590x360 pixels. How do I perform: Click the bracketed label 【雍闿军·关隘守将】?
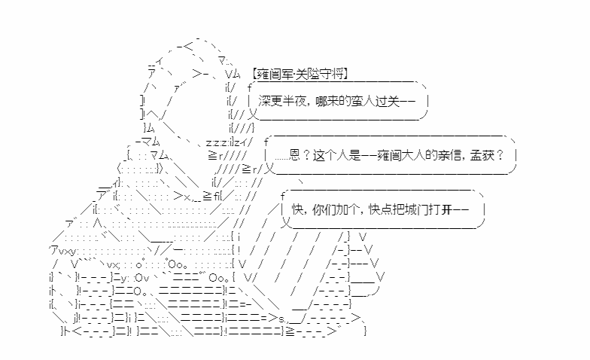point(300,74)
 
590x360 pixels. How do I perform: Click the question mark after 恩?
point(306,155)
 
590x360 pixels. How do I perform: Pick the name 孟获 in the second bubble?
point(482,155)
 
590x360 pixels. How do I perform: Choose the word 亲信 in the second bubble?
point(449,155)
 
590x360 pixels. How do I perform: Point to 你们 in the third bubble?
point(324,209)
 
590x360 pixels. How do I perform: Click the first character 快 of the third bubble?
point(298,209)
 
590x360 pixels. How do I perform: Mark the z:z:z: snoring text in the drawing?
point(217,143)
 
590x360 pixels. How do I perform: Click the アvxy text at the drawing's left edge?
point(63,251)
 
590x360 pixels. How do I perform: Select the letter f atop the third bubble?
point(283,196)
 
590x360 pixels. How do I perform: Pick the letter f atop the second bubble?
point(266,142)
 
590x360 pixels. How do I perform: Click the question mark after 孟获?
point(500,155)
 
